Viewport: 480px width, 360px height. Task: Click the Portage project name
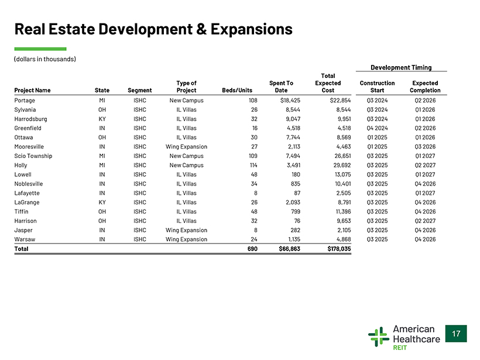tap(25, 101)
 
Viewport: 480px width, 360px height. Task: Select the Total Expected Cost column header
tap(328, 83)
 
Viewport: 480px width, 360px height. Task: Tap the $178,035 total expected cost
tap(339, 249)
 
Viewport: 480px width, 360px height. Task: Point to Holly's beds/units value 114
tap(253, 165)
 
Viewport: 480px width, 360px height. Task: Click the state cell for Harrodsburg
tap(102, 119)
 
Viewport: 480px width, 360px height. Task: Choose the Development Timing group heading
tap(401, 67)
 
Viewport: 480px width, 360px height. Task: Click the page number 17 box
tap(456, 334)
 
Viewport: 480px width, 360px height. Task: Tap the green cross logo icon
tap(379, 337)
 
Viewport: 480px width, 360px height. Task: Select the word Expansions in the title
tap(251, 29)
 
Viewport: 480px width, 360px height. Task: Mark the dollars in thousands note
tap(45, 59)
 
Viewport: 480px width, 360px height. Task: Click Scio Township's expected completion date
tap(425, 156)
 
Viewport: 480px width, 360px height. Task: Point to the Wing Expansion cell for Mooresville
tap(186, 147)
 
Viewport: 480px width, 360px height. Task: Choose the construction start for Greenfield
tap(377, 128)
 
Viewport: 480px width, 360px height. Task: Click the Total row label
tap(21, 249)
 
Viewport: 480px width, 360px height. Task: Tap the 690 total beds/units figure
tap(252, 249)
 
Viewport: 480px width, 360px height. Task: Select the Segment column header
tap(139, 90)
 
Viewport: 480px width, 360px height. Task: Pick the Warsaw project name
tap(25, 239)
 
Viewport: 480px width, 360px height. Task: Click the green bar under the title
tap(40, 49)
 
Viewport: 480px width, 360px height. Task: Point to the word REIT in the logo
tap(400, 348)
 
